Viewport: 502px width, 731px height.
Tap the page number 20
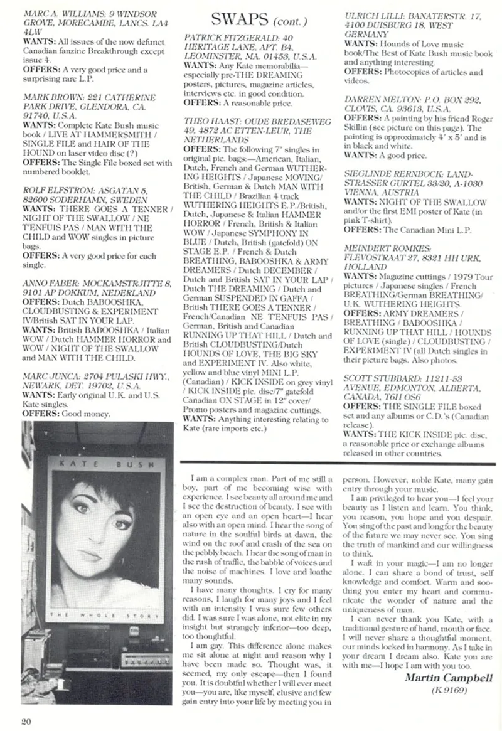click(x=26, y=720)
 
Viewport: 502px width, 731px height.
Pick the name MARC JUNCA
click(x=49, y=377)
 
